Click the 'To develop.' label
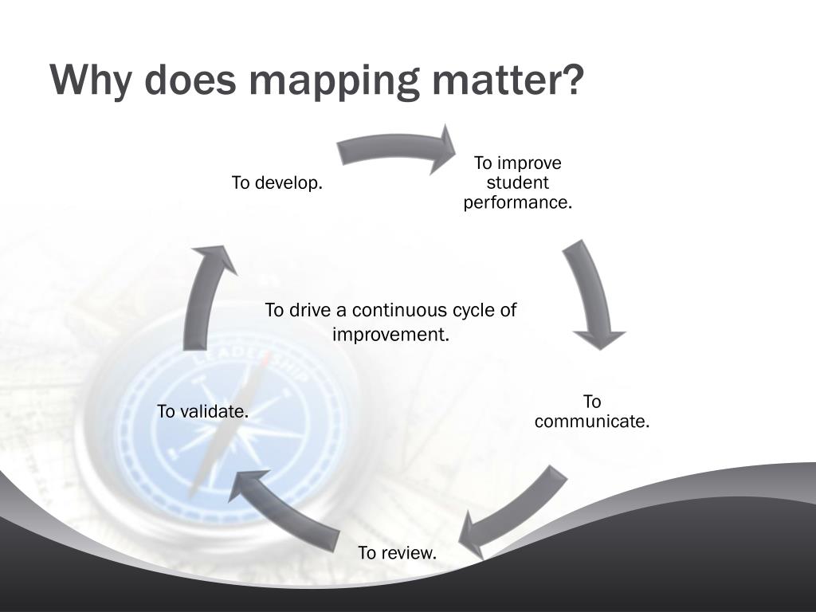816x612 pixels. pyautogui.click(x=277, y=183)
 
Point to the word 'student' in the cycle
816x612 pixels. pyautogui.click(x=518, y=183)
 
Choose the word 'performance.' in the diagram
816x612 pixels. pyautogui.click(x=518, y=202)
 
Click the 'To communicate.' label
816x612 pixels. pyautogui.click(x=592, y=412)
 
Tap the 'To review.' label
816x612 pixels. pyautogui.click(x=398, y=552)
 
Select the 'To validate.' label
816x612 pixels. pyautogui.click(x=202, y=411)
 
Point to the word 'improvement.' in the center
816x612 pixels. pyautogui.click(x=391, y=334)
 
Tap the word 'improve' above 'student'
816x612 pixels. pyautogui.click(x=529, y=163)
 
